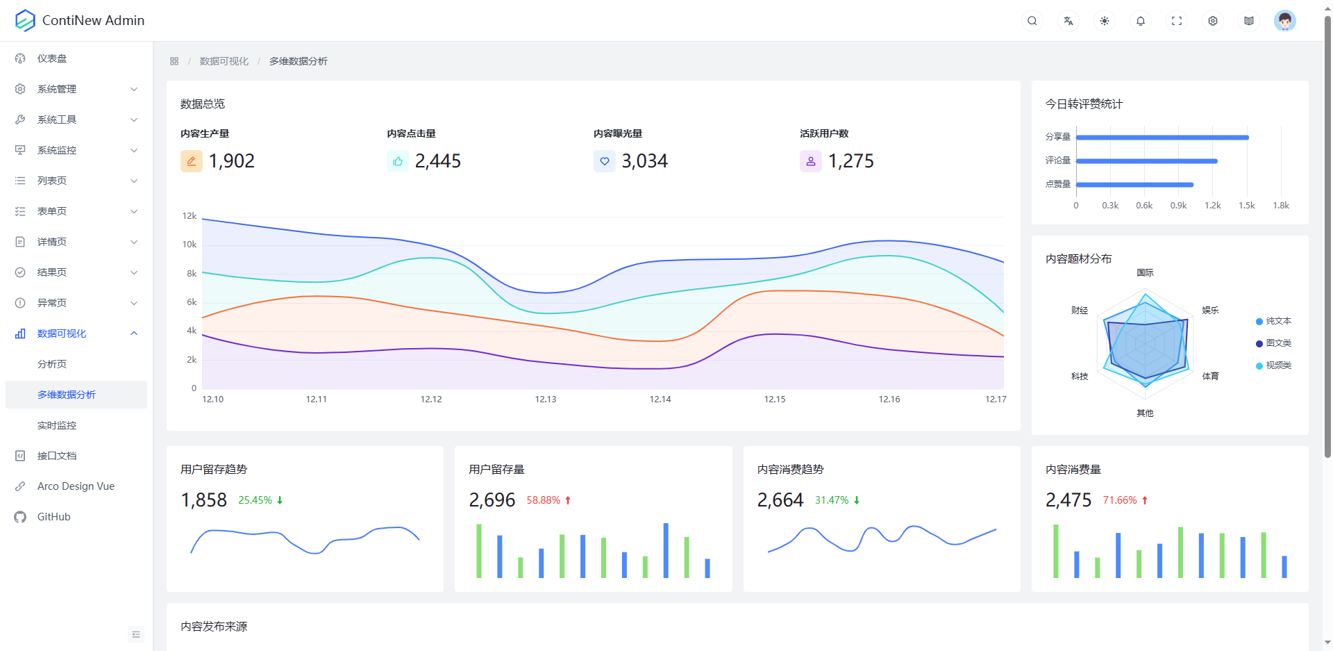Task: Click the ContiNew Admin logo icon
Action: [x=25, y=21]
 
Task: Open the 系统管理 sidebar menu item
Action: [x=57, y=89]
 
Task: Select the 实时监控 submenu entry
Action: [x=57, y=425]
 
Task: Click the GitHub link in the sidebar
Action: [x=53, y=517]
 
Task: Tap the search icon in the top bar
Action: [x=1032, y=21]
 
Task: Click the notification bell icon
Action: [x=1141, y=21]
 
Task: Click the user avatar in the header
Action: [x=1284, y=21]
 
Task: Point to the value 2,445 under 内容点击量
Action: [x=437, y=161]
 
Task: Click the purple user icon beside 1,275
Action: [x=811, y=161]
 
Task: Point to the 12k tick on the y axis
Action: [x=190, y=216]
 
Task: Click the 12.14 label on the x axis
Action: [x=660, y=399]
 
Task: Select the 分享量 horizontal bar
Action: [x=1162, y=138]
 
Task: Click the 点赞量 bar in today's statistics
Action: [x=1134, y=185]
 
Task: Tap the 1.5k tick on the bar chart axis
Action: [x=1247, y=206]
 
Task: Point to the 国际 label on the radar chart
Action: [x=1145, y=273]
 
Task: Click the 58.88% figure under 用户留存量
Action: [x=543, y=500]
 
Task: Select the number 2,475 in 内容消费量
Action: [x=1068, y=500]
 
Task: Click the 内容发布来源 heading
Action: [x=214, y=627]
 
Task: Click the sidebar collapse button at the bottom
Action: [x=136, y=634]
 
